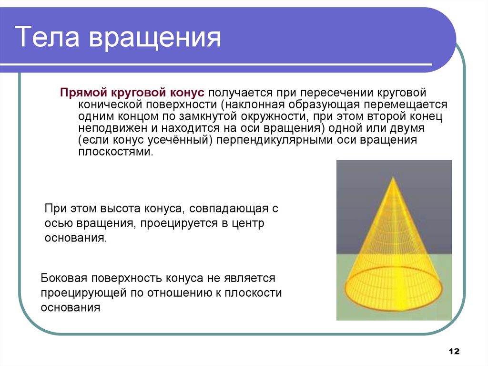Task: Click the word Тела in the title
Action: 47,38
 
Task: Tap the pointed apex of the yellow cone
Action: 393,178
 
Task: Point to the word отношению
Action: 173,293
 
